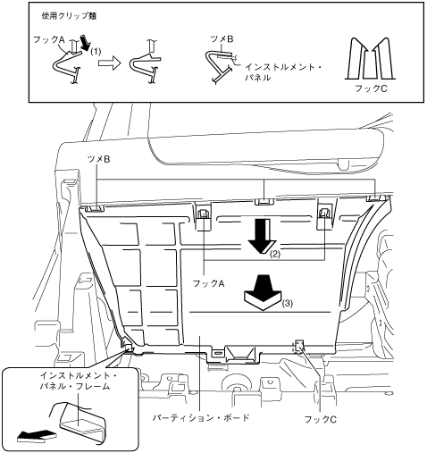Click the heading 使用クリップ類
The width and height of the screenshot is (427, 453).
(x=69, y=16)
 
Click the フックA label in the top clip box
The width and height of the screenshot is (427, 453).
(x=49, y=39)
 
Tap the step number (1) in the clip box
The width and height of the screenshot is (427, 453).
(x=96, y=52)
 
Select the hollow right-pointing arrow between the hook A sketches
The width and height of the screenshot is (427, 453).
(x=109, y=63)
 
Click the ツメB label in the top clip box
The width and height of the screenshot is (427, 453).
(x=222, y=39)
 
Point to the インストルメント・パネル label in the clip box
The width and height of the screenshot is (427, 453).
(x=283, y=72)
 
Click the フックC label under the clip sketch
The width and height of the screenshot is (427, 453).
(x=371, y=88)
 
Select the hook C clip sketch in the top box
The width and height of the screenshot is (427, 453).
(x=371, y=59)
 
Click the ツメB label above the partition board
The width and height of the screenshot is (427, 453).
(x=98, y=159)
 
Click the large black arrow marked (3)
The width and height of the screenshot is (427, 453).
(x=263, y=293)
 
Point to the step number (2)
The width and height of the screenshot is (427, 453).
(x=275, y=255)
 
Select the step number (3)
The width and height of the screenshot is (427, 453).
(x=287, y=304)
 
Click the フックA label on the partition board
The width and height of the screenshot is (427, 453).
(x=208, y=283)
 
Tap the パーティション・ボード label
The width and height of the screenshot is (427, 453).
(x=201, y=417)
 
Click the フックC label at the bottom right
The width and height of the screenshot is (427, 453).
(x=321, y=419)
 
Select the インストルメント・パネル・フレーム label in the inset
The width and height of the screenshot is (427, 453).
(x=78, y=381)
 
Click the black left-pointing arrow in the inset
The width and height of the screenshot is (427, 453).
(x=37, y=435)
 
